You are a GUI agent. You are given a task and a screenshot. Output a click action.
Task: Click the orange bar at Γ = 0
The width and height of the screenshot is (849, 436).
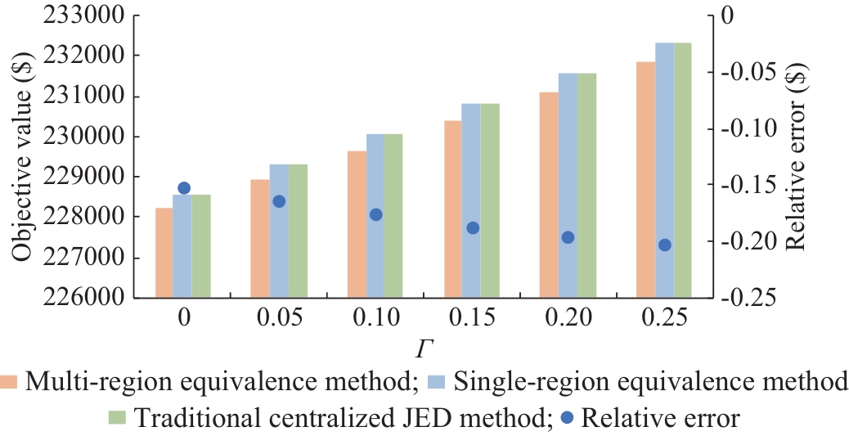(x=164, y=253)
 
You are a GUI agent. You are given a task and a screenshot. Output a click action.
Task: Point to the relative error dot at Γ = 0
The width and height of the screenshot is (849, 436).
(x=184, y=188)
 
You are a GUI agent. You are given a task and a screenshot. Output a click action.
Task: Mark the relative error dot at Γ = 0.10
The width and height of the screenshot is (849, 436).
(x=376, y=214)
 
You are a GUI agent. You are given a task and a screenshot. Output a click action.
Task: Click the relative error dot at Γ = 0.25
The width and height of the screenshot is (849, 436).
(x=664, y=245)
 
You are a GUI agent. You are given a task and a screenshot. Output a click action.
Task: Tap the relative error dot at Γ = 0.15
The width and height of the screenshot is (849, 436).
(x=472, y=227)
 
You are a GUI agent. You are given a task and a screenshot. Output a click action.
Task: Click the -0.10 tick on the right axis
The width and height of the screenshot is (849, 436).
(x=745, y=128)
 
